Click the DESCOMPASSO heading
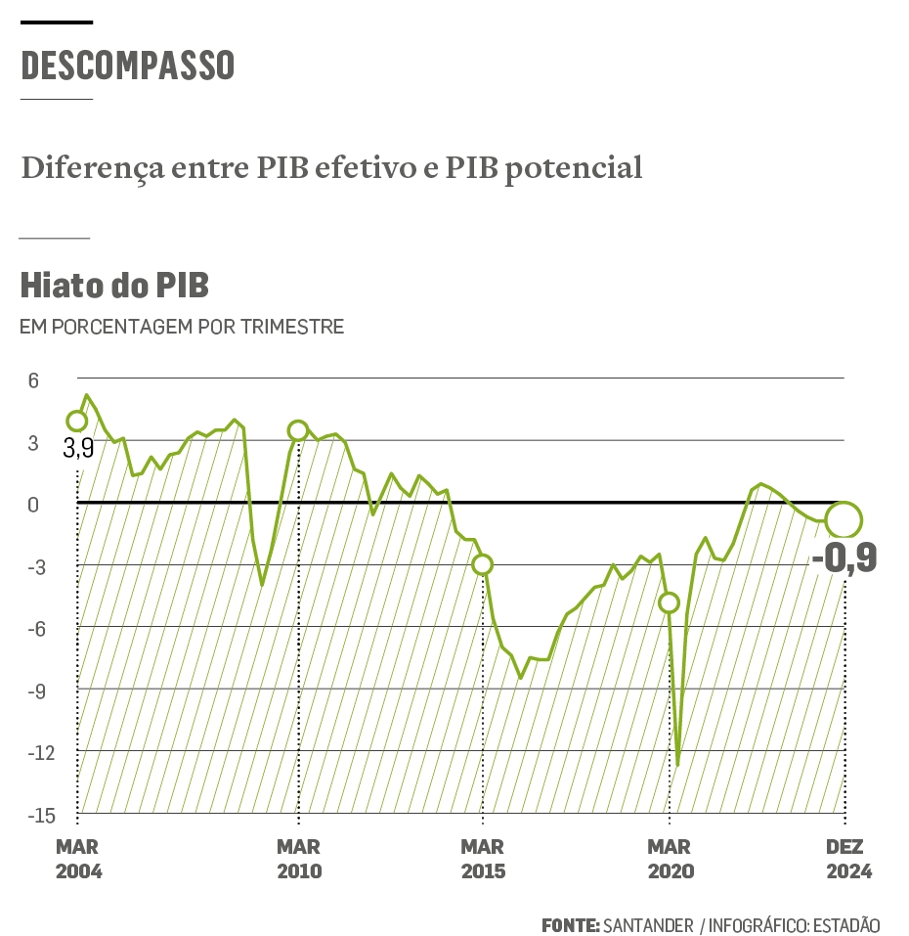(x=127, y=66)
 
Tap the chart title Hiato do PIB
(x=114, y=286)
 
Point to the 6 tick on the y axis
(x=32, y=379)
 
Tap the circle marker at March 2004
(x=76, y=422)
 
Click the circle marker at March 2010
(x=298, y=430)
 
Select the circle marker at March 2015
(x=482, y=564)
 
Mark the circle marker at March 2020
(x=669, y=602)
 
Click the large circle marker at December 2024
(x=844, y=520)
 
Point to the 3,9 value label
(x=78, y=450)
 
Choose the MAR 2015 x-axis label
(x=482, y=859)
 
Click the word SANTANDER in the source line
(x=648, y=924)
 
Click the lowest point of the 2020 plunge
(x=677, y=764)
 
